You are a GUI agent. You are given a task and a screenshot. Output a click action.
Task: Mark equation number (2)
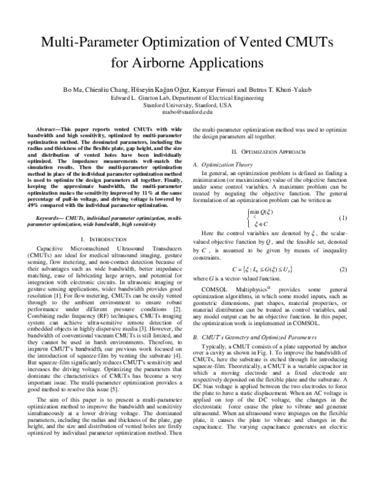pyautogui.click(x=342, y=269)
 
